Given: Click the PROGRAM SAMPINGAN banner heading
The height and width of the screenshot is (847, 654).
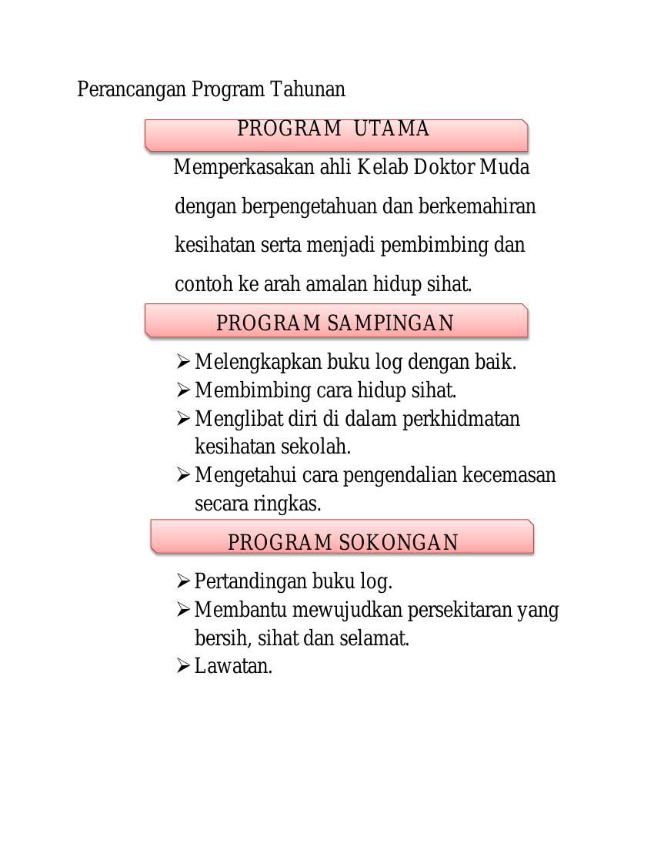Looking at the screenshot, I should coord(335,323).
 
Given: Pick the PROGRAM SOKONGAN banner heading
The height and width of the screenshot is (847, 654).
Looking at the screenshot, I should coord(343,543).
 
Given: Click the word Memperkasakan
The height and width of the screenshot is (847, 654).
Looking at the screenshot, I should coord(244,168).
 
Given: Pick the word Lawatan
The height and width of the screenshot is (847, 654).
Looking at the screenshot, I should coord(233,666).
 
